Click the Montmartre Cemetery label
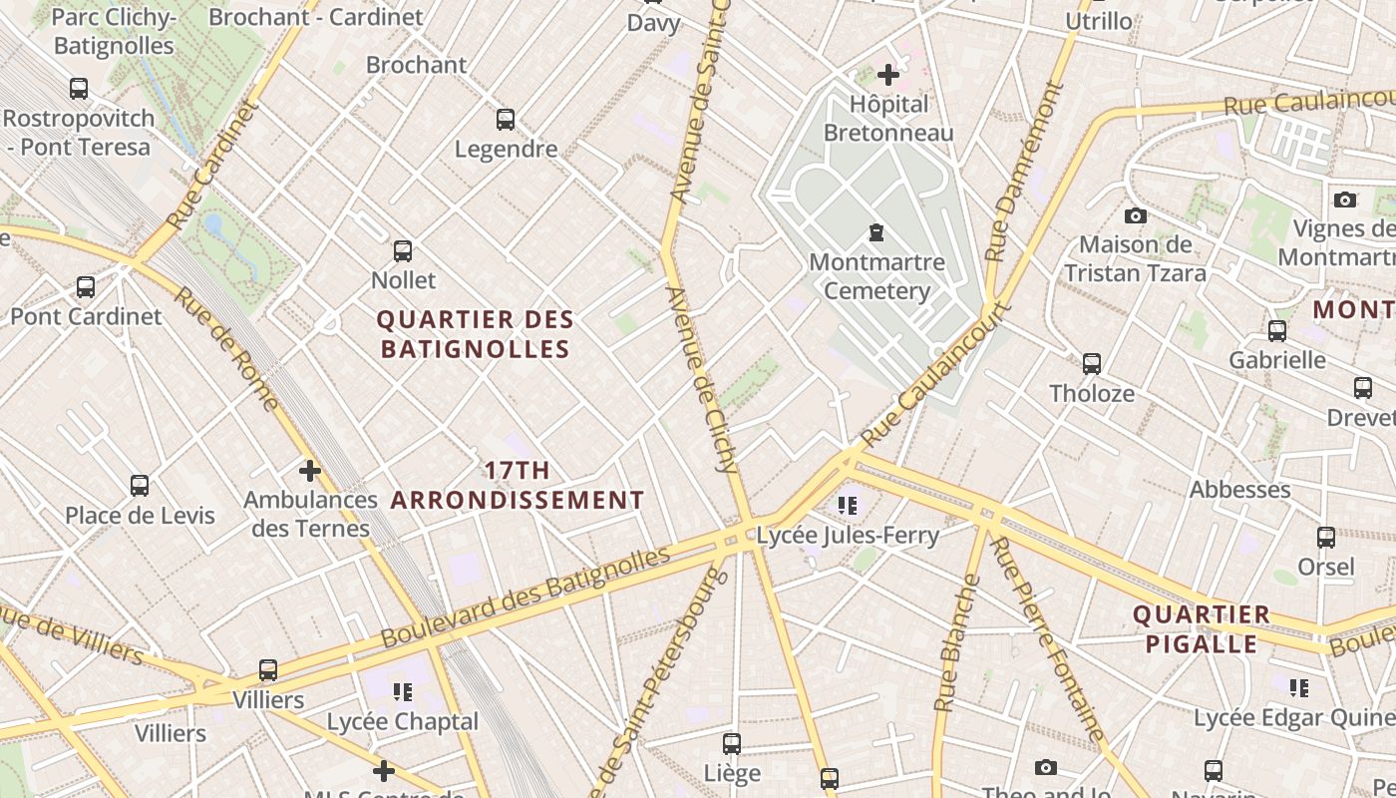click(x=876, y=276)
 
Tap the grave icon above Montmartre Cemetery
click(x=876, y=233)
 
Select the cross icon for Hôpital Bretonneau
click(x=887, y=75)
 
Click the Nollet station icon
click(x=403, y=251)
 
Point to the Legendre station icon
click(x=506, y=120)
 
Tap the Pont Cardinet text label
click(x=86, y=316)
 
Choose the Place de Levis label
click(x=140, y=515)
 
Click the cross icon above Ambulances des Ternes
click(x=310, y=470)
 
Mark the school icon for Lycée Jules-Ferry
click(x=848, y=506)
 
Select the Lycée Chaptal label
click(x=403, y=721)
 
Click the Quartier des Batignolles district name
click(x=476, y=334)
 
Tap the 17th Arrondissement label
click(x=517, y=485)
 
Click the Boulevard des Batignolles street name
click(x=524, y=595)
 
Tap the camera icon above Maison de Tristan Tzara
click(x=1135, y=215)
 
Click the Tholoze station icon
click(x=1092, y=364)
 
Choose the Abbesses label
click(x=1239, y=489)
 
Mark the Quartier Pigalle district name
click(x=1202, y=628)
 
